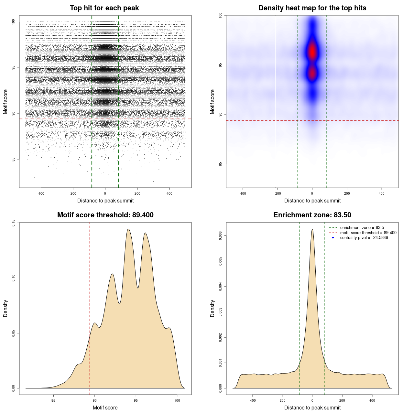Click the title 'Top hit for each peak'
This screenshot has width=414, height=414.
point(104,8)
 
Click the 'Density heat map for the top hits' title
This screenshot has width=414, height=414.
point(312,8)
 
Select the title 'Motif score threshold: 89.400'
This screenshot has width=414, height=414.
point(105,215)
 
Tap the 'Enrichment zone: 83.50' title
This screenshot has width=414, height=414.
point(312,215)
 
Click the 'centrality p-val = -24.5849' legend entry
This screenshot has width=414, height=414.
point(364,238)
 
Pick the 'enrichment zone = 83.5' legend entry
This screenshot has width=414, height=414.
point(362,228)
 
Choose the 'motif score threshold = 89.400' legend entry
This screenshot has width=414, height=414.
point(368,233)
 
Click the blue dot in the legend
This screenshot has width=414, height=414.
point(333,238)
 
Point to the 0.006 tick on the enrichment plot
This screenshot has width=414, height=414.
point(221,236)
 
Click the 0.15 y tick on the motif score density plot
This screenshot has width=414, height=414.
point(14,223)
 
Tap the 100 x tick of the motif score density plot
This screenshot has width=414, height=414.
point(177,400)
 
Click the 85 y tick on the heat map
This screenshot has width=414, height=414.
point(221,164)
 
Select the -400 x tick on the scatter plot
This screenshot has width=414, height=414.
point(41,193)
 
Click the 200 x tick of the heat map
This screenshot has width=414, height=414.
point(347,193)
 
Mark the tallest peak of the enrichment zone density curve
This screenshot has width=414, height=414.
point(312,229)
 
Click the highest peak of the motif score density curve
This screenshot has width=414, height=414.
point(128,229)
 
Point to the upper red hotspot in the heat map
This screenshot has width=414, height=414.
point(312,52)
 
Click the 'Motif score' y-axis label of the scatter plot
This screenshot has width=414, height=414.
point(5,102)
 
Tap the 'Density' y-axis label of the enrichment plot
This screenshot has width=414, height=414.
point(212,308)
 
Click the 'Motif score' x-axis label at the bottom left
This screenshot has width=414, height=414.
point(105,408)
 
